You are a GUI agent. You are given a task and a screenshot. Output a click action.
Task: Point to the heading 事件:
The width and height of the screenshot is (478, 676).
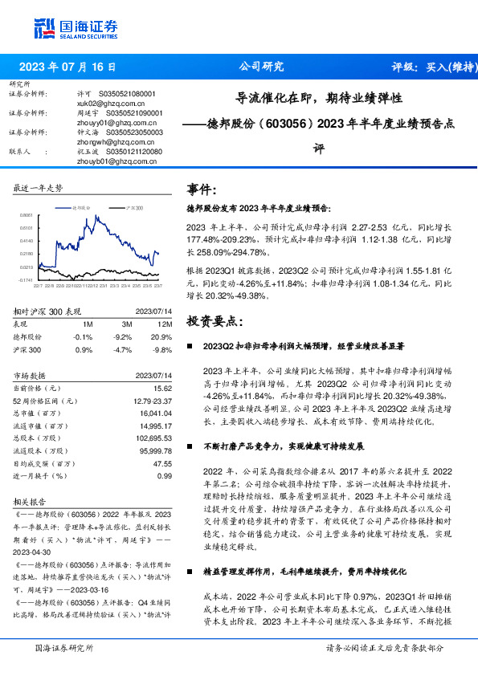point(202,189)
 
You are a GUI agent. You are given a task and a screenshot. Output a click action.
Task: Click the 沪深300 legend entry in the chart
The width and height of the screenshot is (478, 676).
point(134,207)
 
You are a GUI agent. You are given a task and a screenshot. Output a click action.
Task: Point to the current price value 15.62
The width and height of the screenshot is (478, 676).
point(163,388)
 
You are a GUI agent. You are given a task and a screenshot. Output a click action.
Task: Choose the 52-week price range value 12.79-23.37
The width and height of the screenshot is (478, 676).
point(151,400)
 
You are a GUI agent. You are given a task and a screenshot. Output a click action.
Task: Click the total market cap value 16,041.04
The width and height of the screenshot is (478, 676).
point(155,413)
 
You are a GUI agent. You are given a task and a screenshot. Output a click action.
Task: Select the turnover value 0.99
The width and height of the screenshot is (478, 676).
point(165,476)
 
